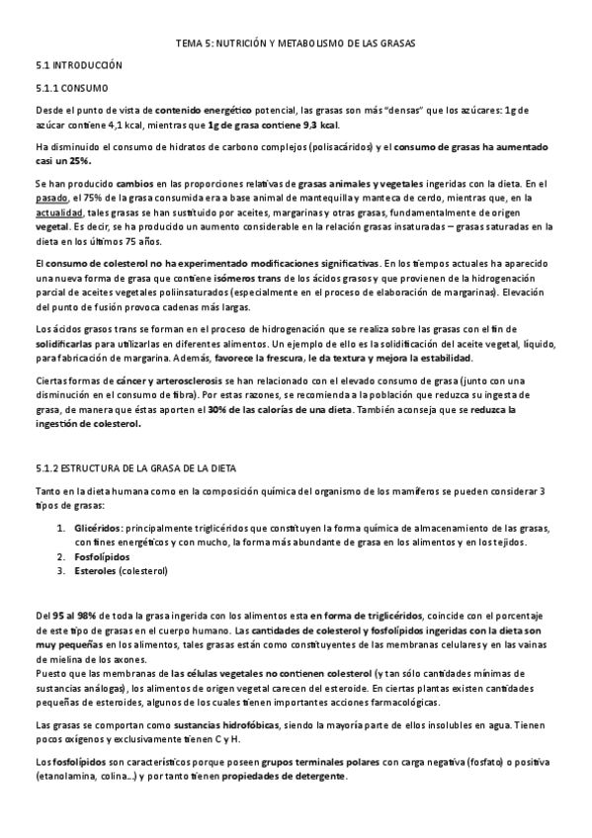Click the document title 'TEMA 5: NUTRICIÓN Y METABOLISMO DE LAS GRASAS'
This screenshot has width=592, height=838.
(x=296, y=43)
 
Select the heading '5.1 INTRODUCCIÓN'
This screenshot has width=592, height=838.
(x=78, y=64)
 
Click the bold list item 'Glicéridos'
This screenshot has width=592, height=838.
(x=97, y=529)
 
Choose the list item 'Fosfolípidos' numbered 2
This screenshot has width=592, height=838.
(x=102, y=555)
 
